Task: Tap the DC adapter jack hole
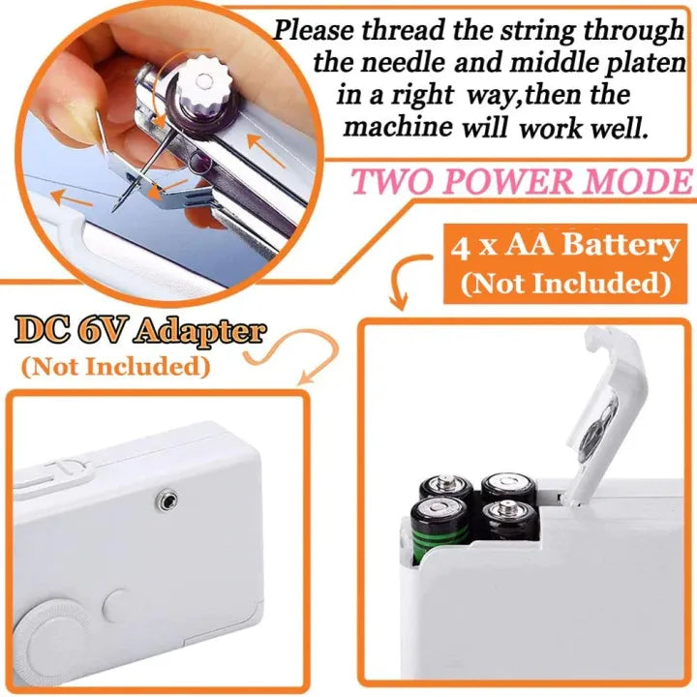(x=167, y=498)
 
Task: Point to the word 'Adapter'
(x=199, y=333)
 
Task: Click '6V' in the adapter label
(x=106, y=333)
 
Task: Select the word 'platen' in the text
(x=638, y=64)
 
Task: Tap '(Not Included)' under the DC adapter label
(x=115, y=367)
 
